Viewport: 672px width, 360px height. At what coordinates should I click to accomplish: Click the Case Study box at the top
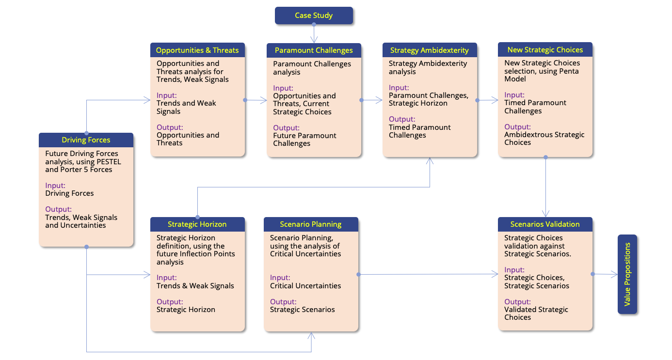[314, 16]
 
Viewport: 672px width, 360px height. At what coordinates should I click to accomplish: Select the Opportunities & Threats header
[197, 50]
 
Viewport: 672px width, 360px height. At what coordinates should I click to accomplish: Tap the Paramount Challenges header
[314, 50]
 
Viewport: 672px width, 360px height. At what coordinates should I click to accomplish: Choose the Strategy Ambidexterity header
[430, 50]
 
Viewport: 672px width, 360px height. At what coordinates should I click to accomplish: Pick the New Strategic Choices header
[545, 50]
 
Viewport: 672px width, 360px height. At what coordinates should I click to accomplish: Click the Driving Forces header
[86, 140]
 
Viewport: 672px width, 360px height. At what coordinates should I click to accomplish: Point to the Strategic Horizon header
[197, 224]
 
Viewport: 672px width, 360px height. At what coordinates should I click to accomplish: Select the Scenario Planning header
[311, 224]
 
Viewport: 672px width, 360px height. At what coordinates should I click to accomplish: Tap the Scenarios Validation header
[545, 224]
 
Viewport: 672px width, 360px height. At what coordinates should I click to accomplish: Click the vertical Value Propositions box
[627, 275]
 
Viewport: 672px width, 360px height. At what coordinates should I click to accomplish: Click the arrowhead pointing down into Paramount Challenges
[314, 40]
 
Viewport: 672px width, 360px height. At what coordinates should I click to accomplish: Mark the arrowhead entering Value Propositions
[615, 275]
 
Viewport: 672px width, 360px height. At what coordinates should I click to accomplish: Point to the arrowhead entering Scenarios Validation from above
[546, 214]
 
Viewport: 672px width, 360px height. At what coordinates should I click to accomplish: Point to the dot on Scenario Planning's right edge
[358, 275]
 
